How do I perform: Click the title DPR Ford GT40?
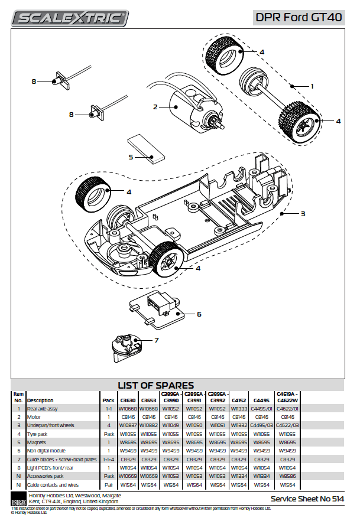pyautogui.click(x=299, y=18)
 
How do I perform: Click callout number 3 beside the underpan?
pyautogui.click(x=303, y=214)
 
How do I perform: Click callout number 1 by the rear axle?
pyautogui.click(x=312, y=86)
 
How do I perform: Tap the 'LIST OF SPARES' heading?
pyautogui.click(x=155, y=386)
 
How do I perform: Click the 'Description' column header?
pyautogui.click(x=40, y=400)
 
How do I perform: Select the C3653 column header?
pyautogui.click(x=148, y=400)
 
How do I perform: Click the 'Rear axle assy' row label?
pyautogui.click(x=43, y=409)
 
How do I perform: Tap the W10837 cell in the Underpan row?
pyautogui.click(x=128, y=425)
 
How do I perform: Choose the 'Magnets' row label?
pyautogui.click(x=37, y=442)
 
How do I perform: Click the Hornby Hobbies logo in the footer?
pyautogui.click(x=19, y=497)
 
